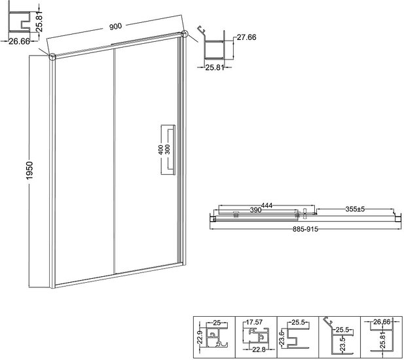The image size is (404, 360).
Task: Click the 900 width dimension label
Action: tap(115, 26)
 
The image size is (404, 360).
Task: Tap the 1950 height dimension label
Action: tap(30, 170)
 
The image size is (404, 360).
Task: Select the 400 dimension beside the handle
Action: tap(160, 150)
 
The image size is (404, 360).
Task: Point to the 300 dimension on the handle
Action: tap(168, 149)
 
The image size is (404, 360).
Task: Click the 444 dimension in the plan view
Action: tap(266, 206)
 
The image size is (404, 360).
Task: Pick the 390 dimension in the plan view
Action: tap(256, 210)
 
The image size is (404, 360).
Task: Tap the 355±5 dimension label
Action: tap(355, 209)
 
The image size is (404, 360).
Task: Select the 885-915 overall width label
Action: tap(306, 229)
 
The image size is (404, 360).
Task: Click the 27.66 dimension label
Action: tap(247, 37)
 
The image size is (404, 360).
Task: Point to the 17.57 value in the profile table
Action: tap(254, 322)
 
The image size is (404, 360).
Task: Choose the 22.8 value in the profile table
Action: tap(258, 350)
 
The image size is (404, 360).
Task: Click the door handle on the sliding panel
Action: tap(168, 150)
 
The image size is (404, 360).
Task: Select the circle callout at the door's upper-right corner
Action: tap(185, 34)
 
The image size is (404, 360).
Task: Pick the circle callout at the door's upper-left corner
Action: tap(52, 57)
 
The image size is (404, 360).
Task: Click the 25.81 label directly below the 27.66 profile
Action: tap(214, 67)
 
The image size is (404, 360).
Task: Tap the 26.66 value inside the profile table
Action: tap(382, 322)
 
